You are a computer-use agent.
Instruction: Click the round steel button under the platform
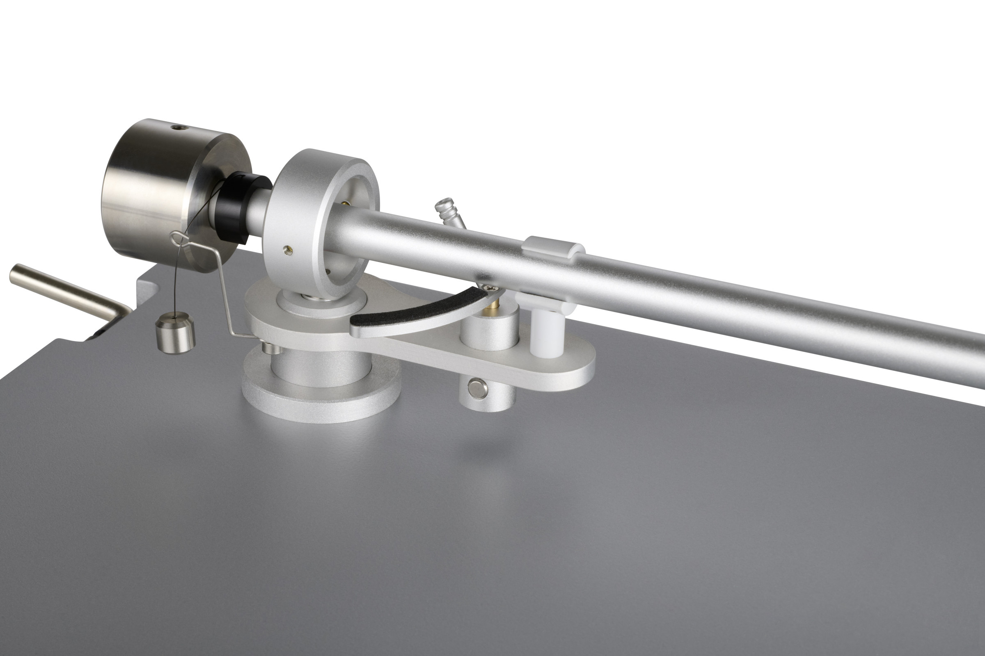click(477, 388)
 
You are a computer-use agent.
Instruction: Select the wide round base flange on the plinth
click(321, 397)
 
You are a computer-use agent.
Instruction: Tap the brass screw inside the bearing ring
click(344, 203)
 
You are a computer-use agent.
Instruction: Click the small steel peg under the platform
click(266, 347)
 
